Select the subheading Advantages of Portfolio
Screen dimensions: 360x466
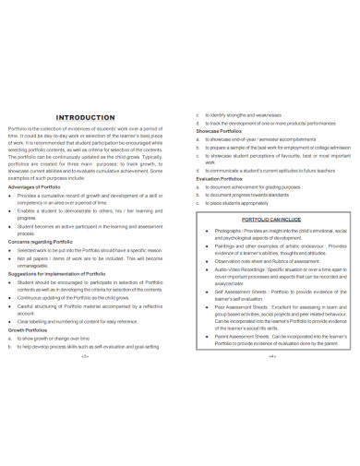click(35, 187)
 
